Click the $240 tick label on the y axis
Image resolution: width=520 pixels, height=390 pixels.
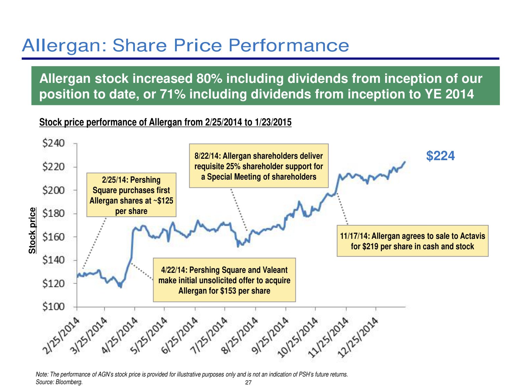tap(53, 143)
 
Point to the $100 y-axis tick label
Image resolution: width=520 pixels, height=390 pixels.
tap(53, 307)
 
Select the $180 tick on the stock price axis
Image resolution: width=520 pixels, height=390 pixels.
tap(53, 213)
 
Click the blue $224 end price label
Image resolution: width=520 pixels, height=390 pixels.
tap(440, 156)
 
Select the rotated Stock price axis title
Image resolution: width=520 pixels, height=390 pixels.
tap(32, 230)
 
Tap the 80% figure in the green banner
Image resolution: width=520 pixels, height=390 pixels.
tap(209, 79)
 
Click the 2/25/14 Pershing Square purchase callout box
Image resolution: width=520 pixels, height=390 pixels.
tap(131, 195)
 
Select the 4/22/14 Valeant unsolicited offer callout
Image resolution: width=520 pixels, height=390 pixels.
tap(224, 280)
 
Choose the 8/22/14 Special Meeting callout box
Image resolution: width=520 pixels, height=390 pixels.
tap(259, 166)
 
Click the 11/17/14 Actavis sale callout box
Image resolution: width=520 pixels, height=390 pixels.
tap(413, 241)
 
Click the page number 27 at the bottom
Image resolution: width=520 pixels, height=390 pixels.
tap(248, 383)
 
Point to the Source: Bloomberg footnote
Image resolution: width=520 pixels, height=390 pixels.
tap(59, 382)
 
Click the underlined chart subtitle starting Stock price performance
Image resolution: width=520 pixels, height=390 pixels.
tap(165, 122)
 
